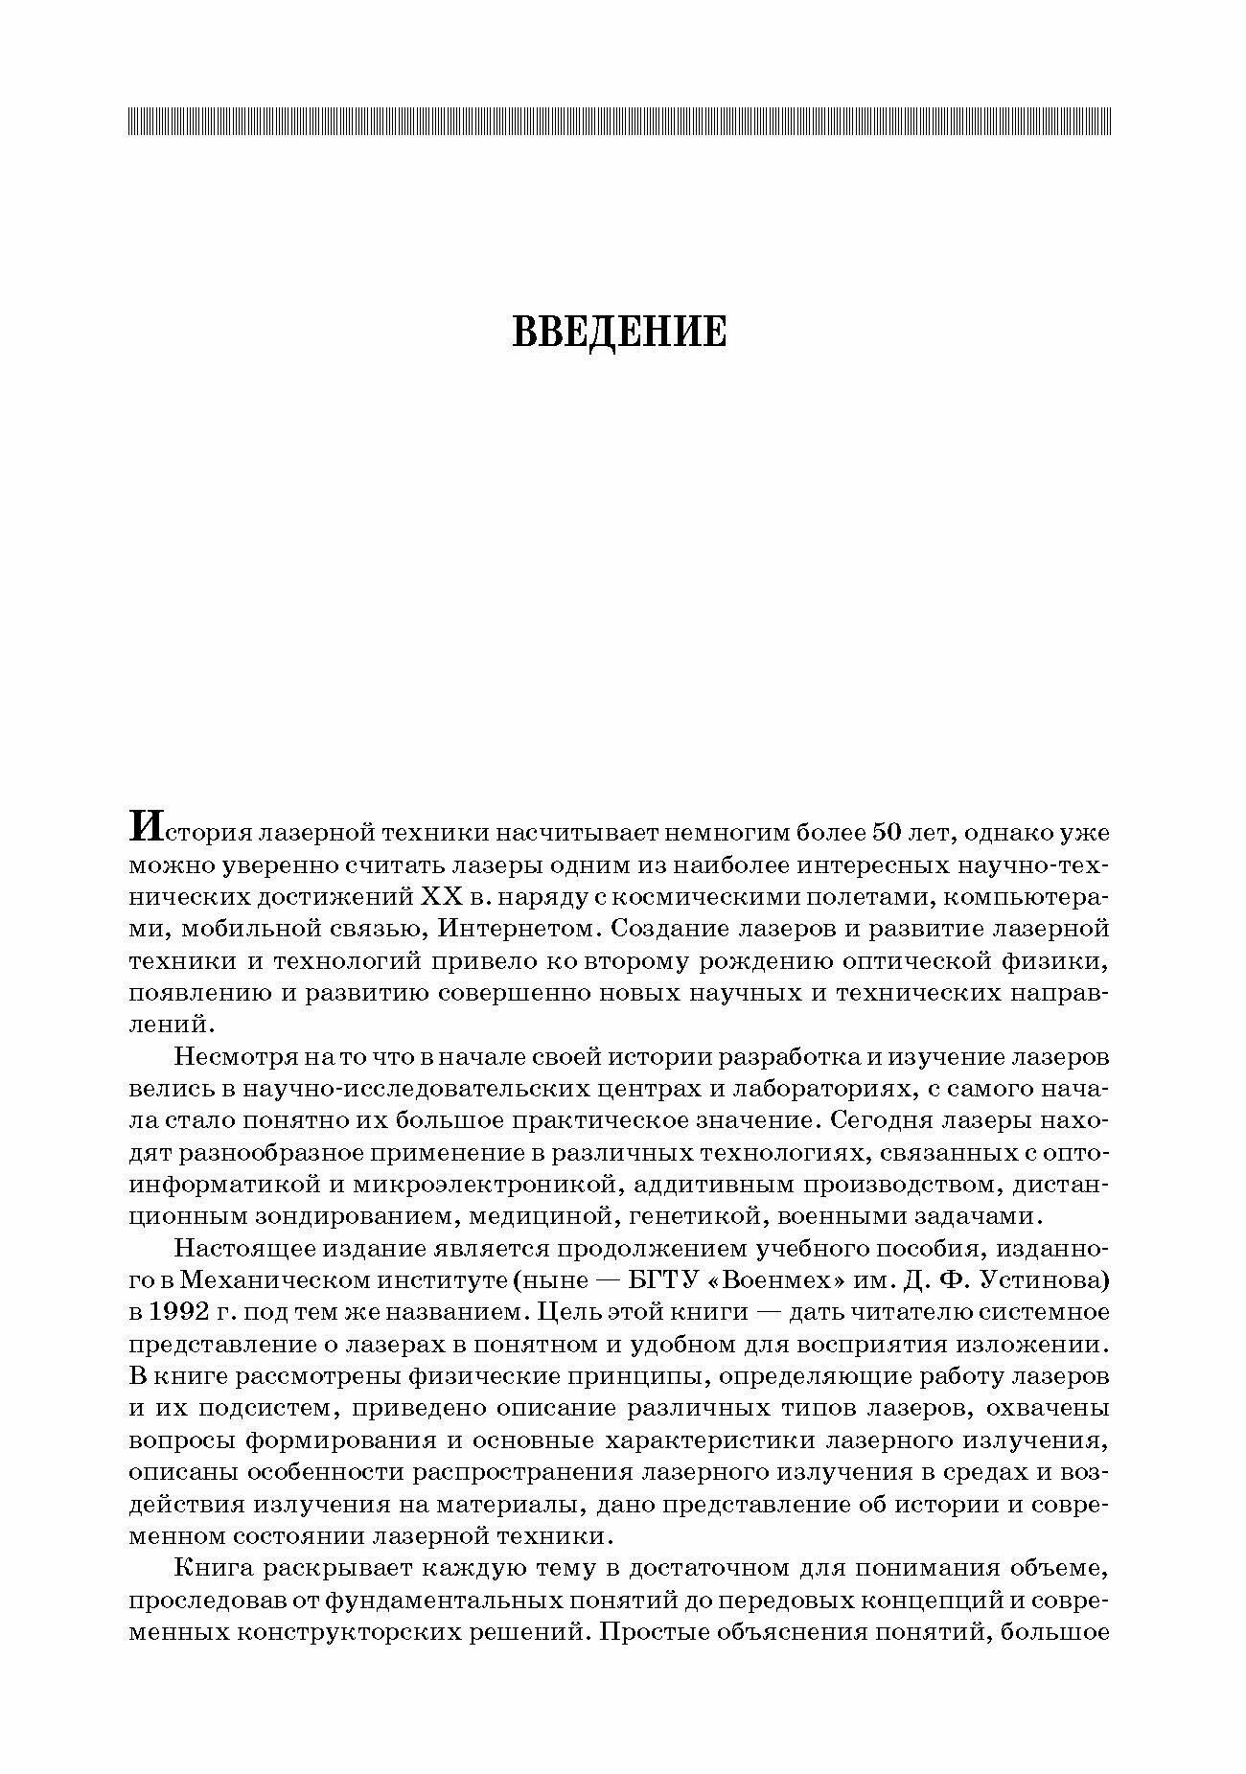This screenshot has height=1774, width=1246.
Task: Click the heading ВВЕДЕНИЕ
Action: [620, 332]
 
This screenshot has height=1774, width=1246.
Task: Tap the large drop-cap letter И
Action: [143, 826]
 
